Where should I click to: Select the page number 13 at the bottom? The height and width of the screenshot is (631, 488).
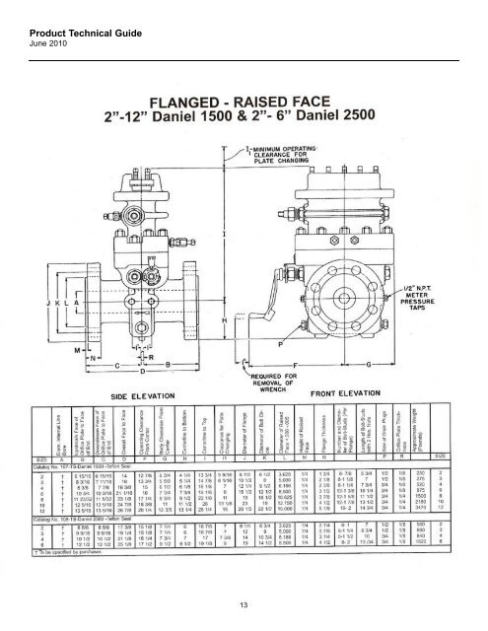(x=244, y=603)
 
